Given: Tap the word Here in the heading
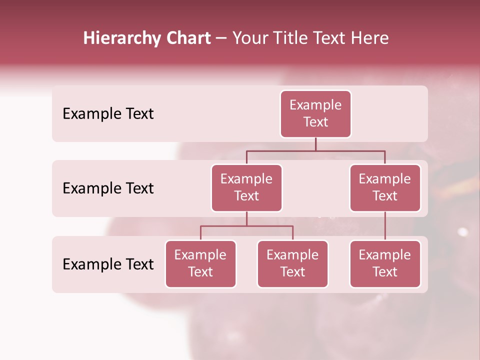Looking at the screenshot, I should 370,38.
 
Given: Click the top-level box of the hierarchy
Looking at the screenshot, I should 315,114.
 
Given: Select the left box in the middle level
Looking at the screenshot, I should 246,188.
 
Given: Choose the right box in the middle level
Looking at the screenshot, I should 385,188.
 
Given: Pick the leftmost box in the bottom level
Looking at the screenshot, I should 200,264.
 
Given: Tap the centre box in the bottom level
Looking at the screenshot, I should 292,264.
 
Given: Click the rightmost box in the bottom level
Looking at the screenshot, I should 385,264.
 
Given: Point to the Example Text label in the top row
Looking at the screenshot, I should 108,114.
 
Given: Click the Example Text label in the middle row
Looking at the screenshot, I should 108,188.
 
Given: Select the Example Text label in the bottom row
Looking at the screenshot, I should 108,264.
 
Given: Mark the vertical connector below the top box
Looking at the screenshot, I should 315,144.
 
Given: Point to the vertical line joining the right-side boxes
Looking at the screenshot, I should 385,226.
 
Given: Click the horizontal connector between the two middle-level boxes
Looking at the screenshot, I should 315,150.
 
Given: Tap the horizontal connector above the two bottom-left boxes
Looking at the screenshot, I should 246,226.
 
